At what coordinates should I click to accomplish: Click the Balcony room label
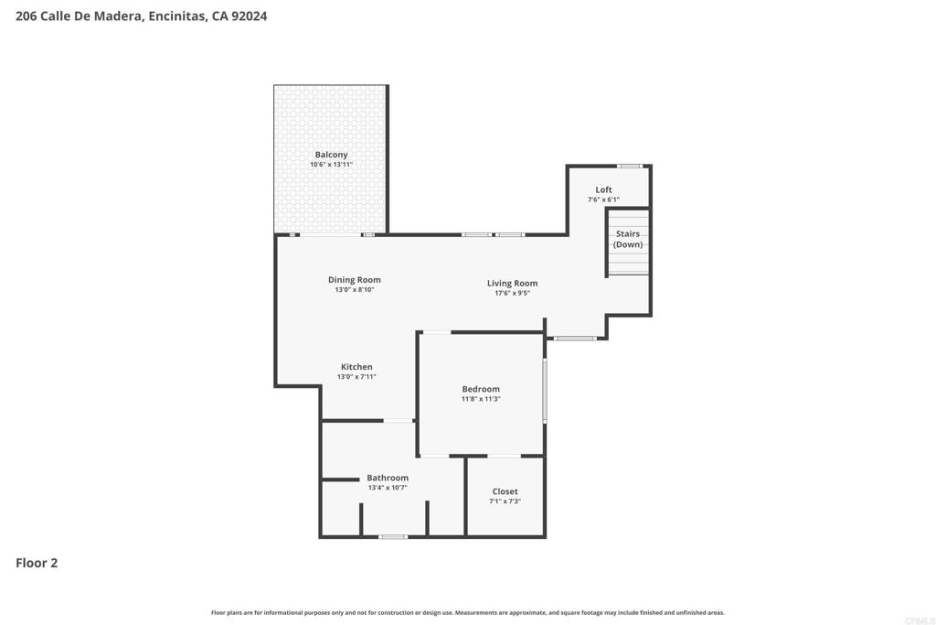coord(331,155)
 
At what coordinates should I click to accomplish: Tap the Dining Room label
coord(354,280)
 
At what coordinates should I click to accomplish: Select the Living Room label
coord(512,284)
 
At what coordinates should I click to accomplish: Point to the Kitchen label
coord(356,367)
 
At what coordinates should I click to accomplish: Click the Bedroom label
coord(481,389)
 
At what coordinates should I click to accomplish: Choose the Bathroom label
coord(388,478)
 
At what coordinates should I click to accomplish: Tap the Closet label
coord(505,491)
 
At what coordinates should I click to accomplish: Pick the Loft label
coord(603,190)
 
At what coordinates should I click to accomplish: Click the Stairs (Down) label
coord(628,239)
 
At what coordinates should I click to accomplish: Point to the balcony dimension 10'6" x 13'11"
coord(331,165)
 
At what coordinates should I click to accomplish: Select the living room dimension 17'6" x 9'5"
coord(512,293)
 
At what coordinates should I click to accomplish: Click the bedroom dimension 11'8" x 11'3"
coord(481,399)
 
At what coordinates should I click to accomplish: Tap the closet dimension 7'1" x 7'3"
coord(505,501)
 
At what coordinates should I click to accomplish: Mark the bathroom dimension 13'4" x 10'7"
coord(388,488)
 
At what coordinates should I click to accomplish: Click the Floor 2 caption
coord(37,563)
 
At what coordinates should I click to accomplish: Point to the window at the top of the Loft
coord(629,167)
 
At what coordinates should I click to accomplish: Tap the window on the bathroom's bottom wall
coord(393,536)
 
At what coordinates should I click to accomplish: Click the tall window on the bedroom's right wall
coord(545,391)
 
